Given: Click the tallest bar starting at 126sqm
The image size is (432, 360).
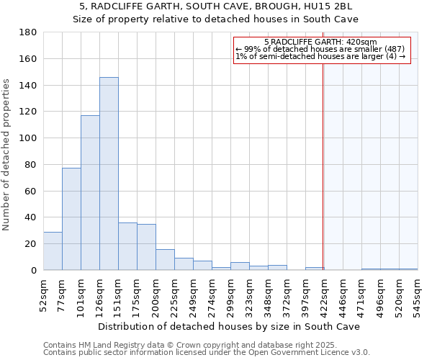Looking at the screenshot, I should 109,174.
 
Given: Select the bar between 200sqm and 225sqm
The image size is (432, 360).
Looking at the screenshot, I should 165,259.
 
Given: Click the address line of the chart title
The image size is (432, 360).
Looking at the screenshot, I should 215,6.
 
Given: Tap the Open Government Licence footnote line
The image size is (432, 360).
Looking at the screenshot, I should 207,352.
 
